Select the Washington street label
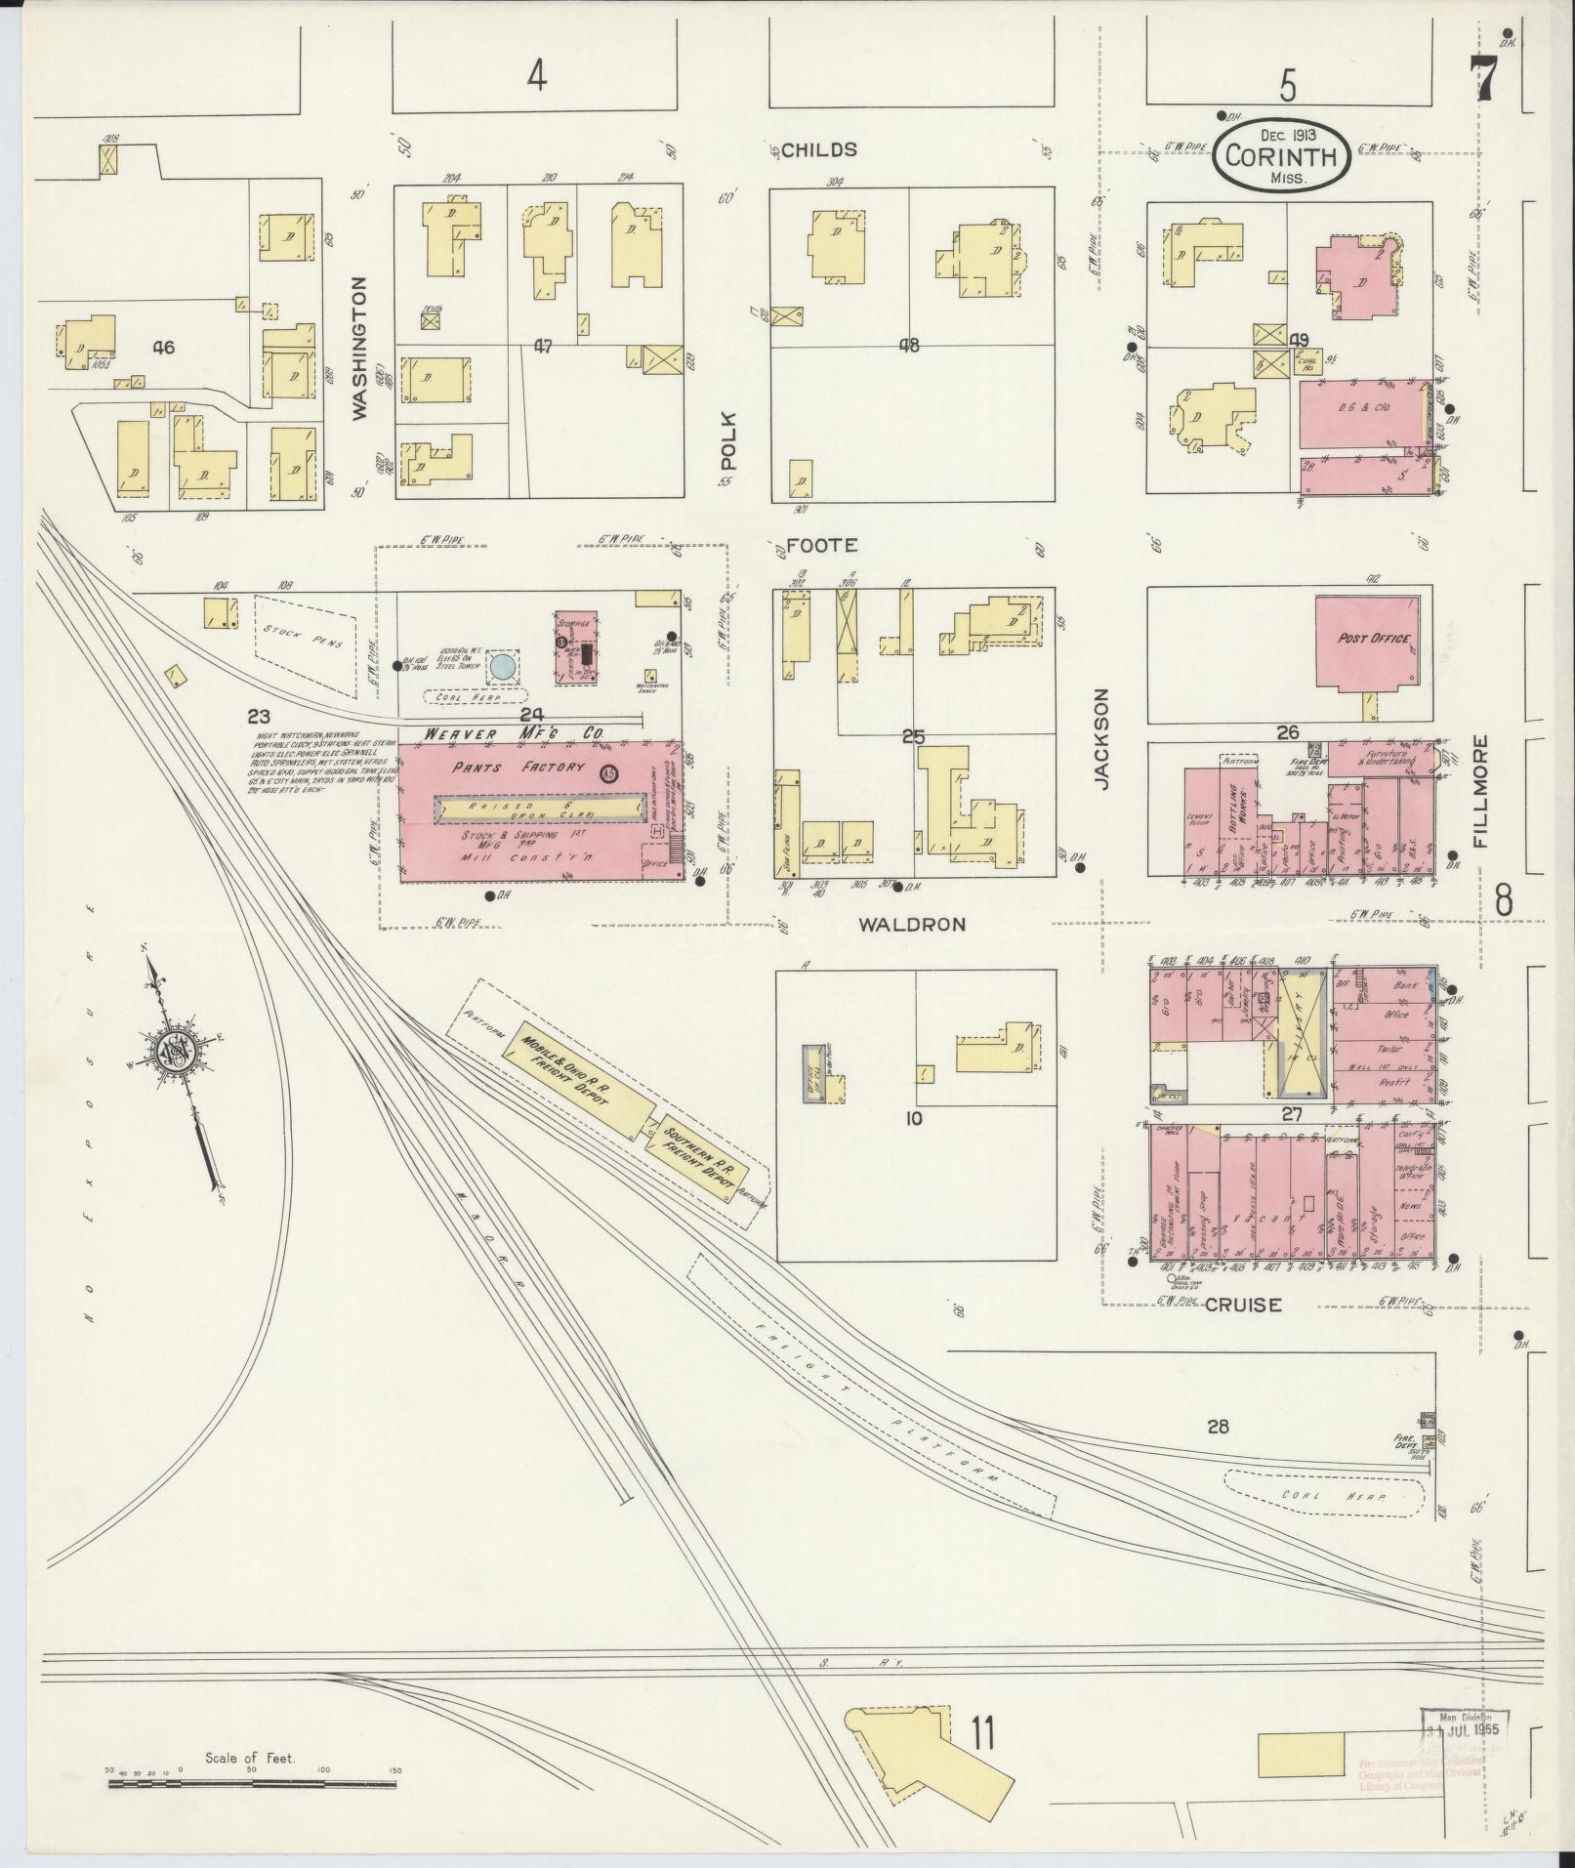[x=360, y=349]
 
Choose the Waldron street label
[x=911, y=924]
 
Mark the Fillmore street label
[x=1481, y=792]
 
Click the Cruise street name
[x=1242, y=1305]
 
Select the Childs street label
[x=819, y=149]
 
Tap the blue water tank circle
[x=502, y=667]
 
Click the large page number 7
[x=1484, y=77]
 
